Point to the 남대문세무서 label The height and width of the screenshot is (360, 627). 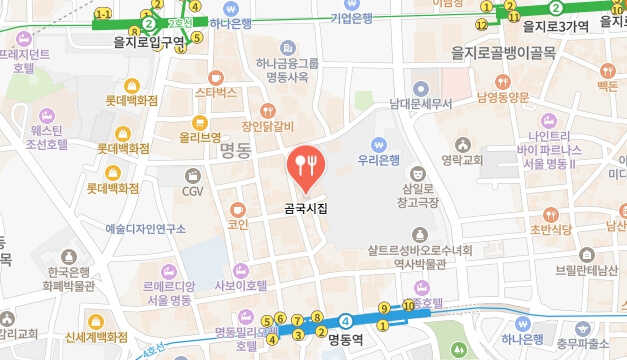click(421, 103)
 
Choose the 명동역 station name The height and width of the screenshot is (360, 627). click(347, 339)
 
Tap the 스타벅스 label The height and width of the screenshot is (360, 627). click(216, 93)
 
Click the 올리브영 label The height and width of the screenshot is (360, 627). click(200, 137)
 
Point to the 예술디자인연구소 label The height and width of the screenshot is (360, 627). click(146, 229)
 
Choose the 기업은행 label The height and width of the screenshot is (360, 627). click(350, 18)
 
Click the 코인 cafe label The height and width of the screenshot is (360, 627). click(238, 225)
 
